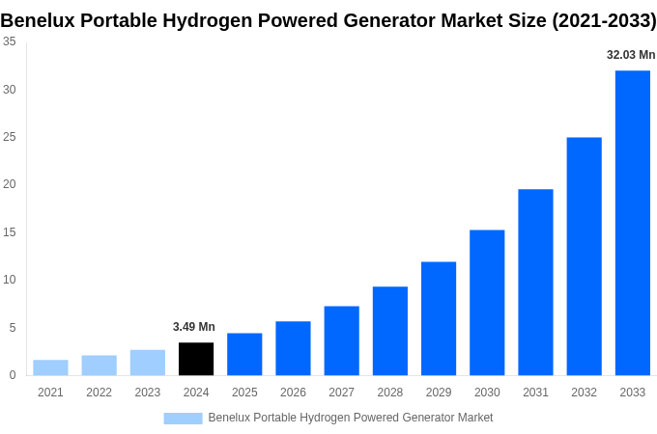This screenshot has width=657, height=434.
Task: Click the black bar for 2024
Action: point(196,359)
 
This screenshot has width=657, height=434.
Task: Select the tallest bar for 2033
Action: point(633,223)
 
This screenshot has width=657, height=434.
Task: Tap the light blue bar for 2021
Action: point(50,367)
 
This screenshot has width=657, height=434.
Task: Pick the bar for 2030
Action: point(487,303)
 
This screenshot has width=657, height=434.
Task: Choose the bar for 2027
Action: point(341,340)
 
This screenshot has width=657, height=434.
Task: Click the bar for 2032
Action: point(584,257)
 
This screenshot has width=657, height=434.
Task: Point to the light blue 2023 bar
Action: point(148,363)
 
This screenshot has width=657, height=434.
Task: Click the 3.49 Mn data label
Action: point(194,327)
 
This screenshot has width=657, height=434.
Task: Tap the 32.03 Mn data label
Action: point(631,55)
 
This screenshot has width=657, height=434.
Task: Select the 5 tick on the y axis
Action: point(12,328)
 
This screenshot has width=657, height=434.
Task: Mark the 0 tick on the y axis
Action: point(12,375)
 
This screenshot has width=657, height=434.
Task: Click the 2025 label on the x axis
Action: point(244,393)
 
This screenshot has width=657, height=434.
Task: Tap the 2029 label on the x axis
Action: point(439,393)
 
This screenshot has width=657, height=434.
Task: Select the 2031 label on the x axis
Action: point(535,393)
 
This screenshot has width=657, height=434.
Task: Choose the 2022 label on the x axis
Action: point(99,393)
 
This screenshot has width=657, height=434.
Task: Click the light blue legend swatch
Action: point(183,418)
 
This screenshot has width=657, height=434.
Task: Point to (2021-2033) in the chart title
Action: point(604,21)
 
